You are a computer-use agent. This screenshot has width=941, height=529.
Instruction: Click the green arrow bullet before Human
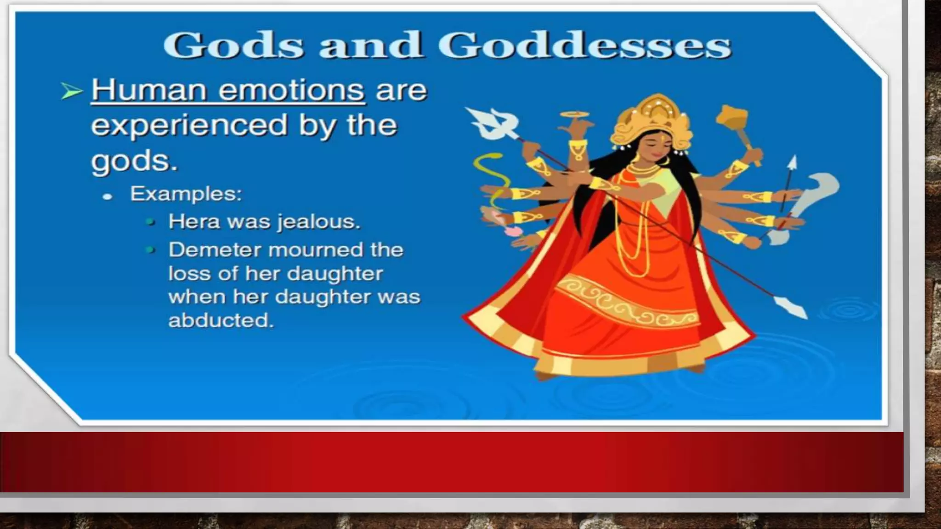72,91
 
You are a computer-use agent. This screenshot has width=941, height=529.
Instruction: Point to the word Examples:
186,194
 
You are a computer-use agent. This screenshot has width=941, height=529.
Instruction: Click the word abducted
221,321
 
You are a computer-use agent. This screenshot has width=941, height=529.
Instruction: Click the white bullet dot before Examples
108,197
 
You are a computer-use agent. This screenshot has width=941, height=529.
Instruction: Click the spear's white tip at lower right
791,307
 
